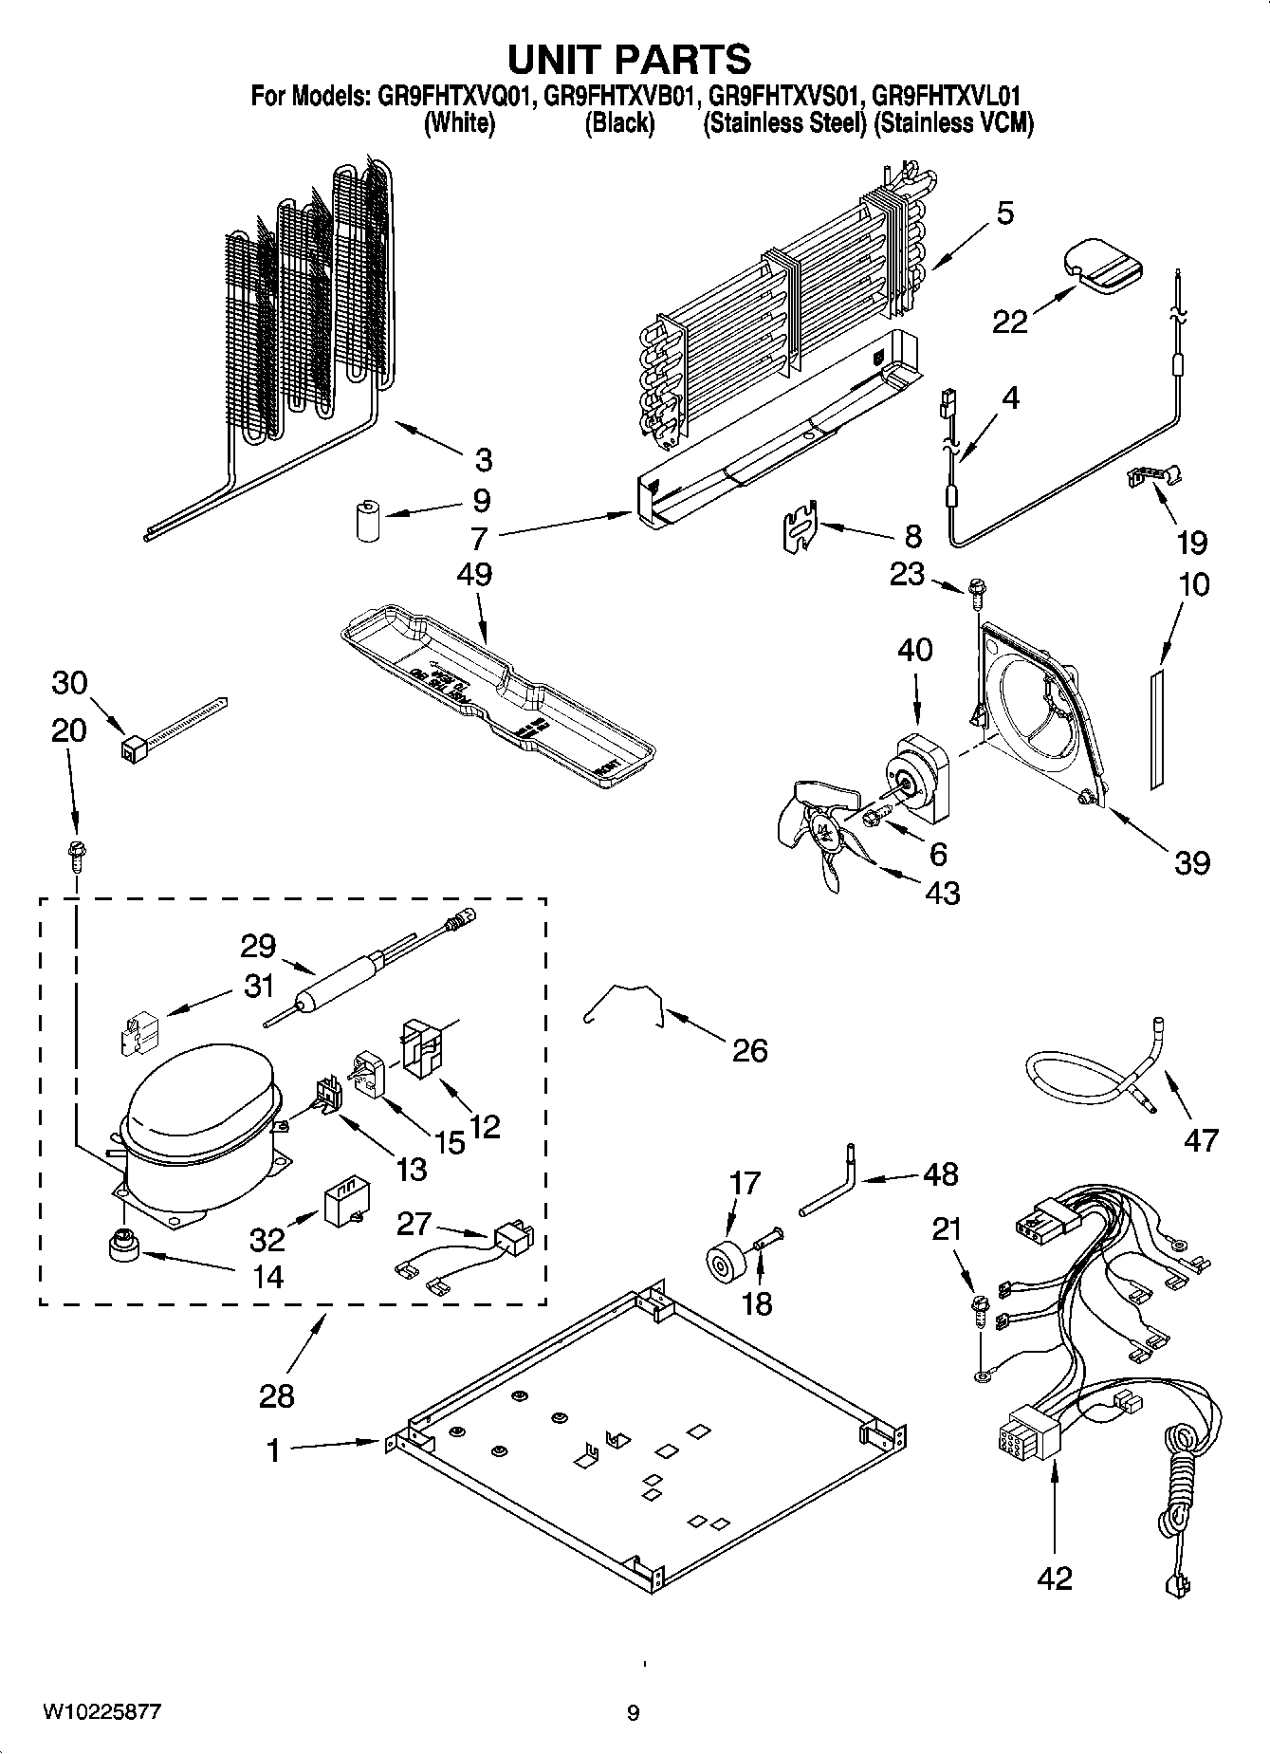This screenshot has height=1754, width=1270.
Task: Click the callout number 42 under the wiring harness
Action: click(x=1054, y=1578)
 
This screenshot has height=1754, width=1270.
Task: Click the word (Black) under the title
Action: click(x=618, y=122)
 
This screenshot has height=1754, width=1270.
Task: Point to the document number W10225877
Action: click(x=101, y=1711)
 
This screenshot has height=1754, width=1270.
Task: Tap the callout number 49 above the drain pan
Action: click(x=474, y=575)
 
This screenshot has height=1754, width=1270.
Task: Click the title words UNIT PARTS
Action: click(x=629, y=59)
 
